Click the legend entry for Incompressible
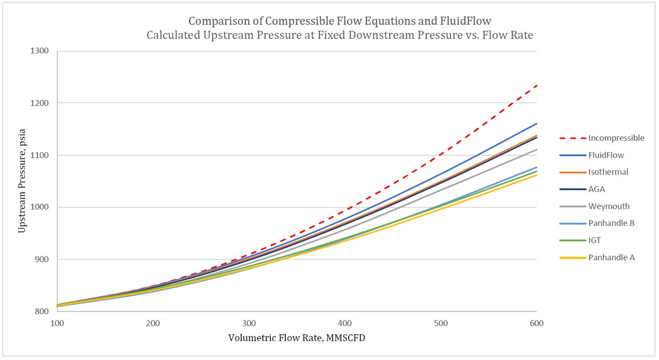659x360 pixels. (616, 138)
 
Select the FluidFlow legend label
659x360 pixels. (606, 155)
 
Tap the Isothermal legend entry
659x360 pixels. (608, 172)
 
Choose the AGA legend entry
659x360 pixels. (596, 189)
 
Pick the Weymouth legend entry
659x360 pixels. (608, 206)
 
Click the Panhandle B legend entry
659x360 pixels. (611, 223)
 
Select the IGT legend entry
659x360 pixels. (594, 240)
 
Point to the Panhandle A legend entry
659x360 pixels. (611, 257)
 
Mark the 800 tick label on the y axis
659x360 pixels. (43, 312)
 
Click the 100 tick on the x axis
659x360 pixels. (57, 323)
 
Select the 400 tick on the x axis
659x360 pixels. (345, 323)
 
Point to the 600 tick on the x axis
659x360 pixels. (536, 323)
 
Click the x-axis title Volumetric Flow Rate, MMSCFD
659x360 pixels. (296, 338)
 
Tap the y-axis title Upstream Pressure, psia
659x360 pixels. (21, 181)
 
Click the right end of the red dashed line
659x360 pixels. (536, 85)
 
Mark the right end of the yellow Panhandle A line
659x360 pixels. (536, 175)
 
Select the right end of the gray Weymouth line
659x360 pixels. (536, 150)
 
